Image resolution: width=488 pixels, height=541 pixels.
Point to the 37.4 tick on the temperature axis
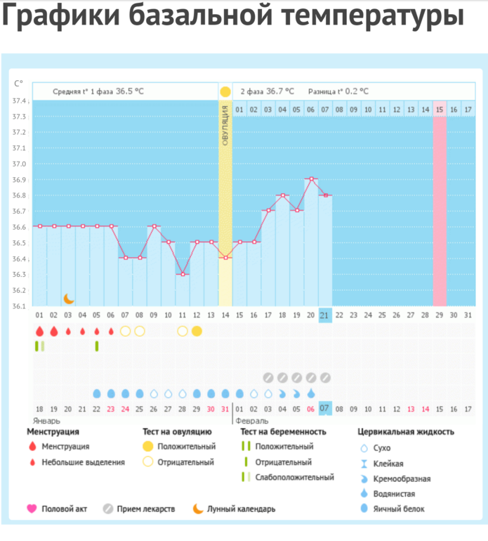pyautogui.click(x=20, y=100)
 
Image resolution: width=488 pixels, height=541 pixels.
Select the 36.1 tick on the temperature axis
pyautogui.click(x=20, y=306)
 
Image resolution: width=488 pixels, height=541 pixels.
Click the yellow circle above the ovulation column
pyautogui.click(x=225, y=91)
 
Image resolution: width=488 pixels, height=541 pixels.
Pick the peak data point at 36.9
pyautogui.click(x=311, y=178)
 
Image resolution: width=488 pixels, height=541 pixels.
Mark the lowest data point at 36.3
pyautogui.click(x=183, y=274)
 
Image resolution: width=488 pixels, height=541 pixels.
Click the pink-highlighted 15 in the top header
pyautogui.click(x=440, y=109)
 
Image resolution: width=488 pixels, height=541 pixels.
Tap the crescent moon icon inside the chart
pyautogui.click(x=68, y=299)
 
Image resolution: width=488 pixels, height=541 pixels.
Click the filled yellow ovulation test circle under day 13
pyautogui.click(x=197, y=331)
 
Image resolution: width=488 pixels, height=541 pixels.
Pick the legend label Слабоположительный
pyautogui.click(x=295, y=478)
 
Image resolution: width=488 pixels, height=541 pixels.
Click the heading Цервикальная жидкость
pyautogui.click(x=406, y=431)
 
